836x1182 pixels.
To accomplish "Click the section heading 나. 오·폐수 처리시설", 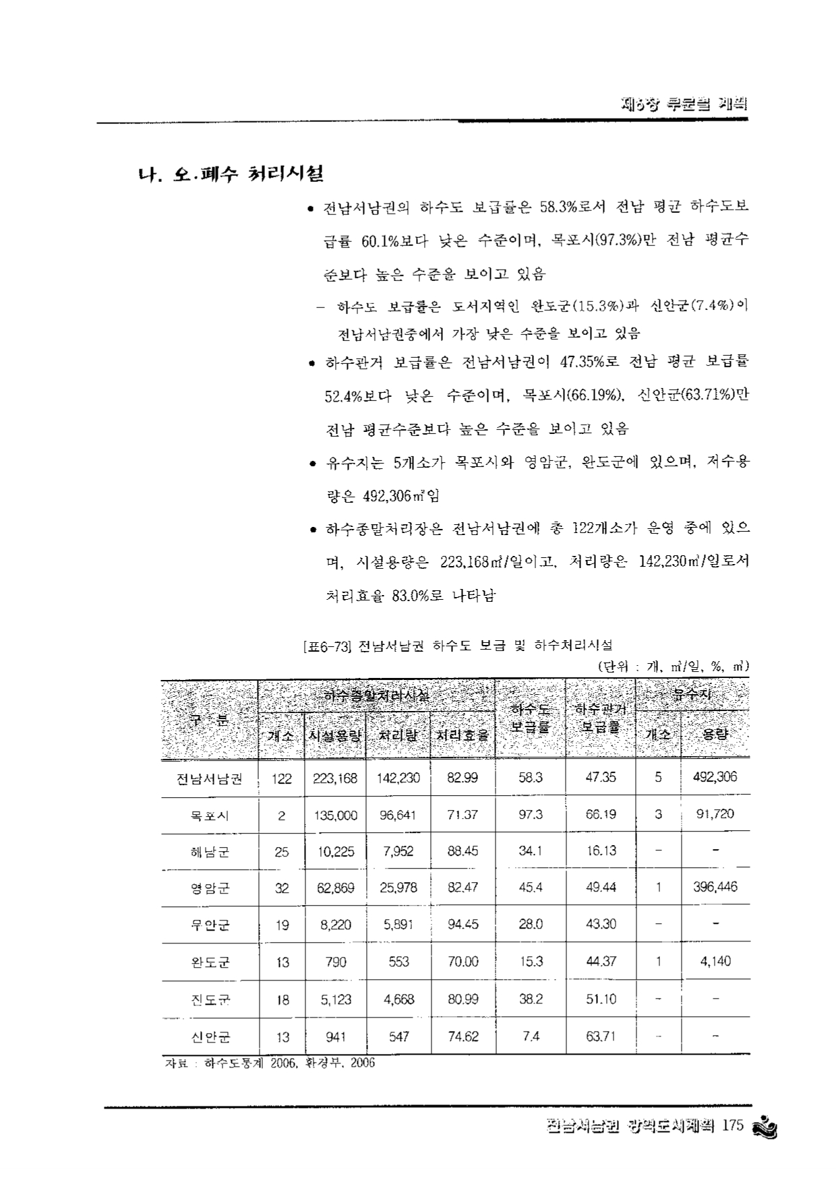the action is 229,174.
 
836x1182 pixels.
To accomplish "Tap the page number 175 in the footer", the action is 731,1127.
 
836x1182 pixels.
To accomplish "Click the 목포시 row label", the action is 210,815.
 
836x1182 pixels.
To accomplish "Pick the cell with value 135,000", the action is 335,815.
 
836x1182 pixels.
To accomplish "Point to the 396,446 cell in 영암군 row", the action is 715,887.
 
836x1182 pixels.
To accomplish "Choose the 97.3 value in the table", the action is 531,815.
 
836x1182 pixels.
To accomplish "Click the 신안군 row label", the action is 210,1037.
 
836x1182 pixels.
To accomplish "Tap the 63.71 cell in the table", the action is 600,1036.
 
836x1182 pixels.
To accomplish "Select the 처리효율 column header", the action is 463,735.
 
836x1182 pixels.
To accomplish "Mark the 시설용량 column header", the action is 335,735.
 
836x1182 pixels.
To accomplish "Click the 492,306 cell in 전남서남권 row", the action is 715,777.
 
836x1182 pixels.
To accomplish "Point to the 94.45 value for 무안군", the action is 463,925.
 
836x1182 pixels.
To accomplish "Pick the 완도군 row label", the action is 210,962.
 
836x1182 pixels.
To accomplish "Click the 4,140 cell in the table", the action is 715,961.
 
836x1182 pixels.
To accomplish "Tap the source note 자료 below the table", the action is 270,1063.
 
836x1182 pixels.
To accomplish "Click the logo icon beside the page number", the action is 765,1127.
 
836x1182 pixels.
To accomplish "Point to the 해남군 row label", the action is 210,852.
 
